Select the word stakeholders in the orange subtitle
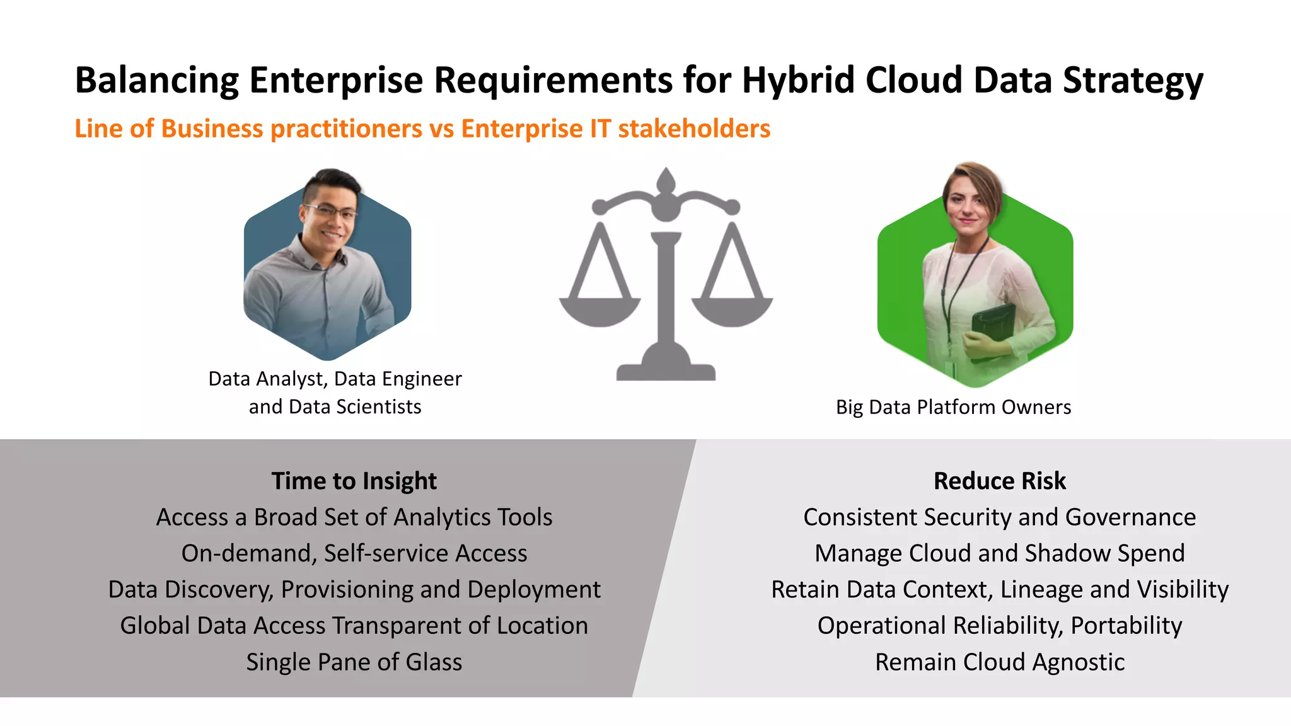click(694, 129)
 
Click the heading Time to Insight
click(354, 481)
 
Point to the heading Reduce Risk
click(999, 481)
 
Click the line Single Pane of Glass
click(354, 662)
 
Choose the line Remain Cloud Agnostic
click(999, 662)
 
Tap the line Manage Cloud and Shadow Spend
click(999, 553)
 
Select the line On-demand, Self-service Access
click(354, 553)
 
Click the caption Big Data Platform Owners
click(953, 407)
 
